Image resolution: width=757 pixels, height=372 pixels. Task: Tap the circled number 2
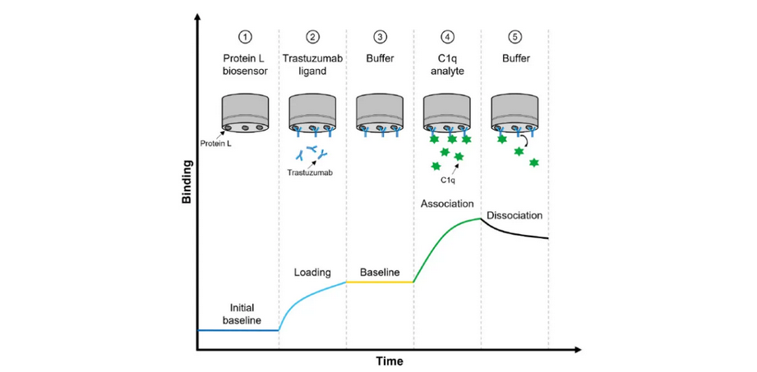(312, 37)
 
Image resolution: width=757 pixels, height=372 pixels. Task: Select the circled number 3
(379, 37)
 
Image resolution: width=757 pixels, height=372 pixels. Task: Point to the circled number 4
(446, 37)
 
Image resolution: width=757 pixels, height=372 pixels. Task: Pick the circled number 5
(514, 37)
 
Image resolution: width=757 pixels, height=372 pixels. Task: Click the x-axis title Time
(390, 361)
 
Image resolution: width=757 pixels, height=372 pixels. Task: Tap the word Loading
(312, 272)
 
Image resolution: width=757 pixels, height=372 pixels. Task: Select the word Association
(446, 203)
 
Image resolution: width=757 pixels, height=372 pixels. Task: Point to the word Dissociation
(515, 216)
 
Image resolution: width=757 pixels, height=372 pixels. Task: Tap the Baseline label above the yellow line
(379, 272)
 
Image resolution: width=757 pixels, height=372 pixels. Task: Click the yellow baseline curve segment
(379, 282)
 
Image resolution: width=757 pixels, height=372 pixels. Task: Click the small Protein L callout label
(216, 144)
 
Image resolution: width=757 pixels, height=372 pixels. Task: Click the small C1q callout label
(447, 179)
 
